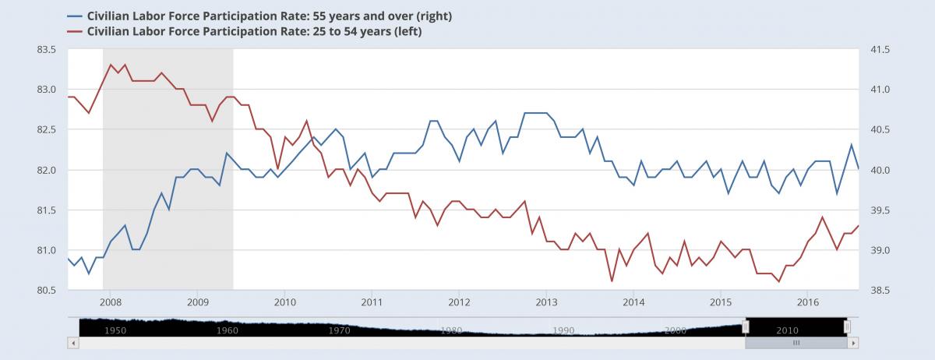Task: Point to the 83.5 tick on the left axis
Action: [47, 49]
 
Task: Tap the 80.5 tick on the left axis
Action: [47, 290]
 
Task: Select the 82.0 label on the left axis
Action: [47, 170]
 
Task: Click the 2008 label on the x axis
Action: [110, 302]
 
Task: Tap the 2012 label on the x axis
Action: [459, 302]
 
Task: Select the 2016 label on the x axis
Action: [808, 302]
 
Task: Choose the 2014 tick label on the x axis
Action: [633, 302]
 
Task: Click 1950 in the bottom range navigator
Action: [115, 330]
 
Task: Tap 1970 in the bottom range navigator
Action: [339, 330]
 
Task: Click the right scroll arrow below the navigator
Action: [854, 343]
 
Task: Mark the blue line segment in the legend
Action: [75, 16]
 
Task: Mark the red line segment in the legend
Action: [75, 32]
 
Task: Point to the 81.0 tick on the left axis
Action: [47, 250]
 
